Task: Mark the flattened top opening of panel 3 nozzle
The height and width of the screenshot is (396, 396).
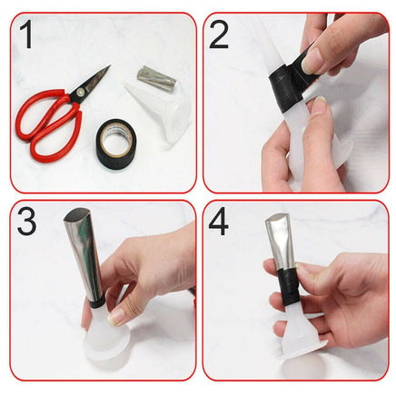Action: pyautogui.click(x=74, y=218)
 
